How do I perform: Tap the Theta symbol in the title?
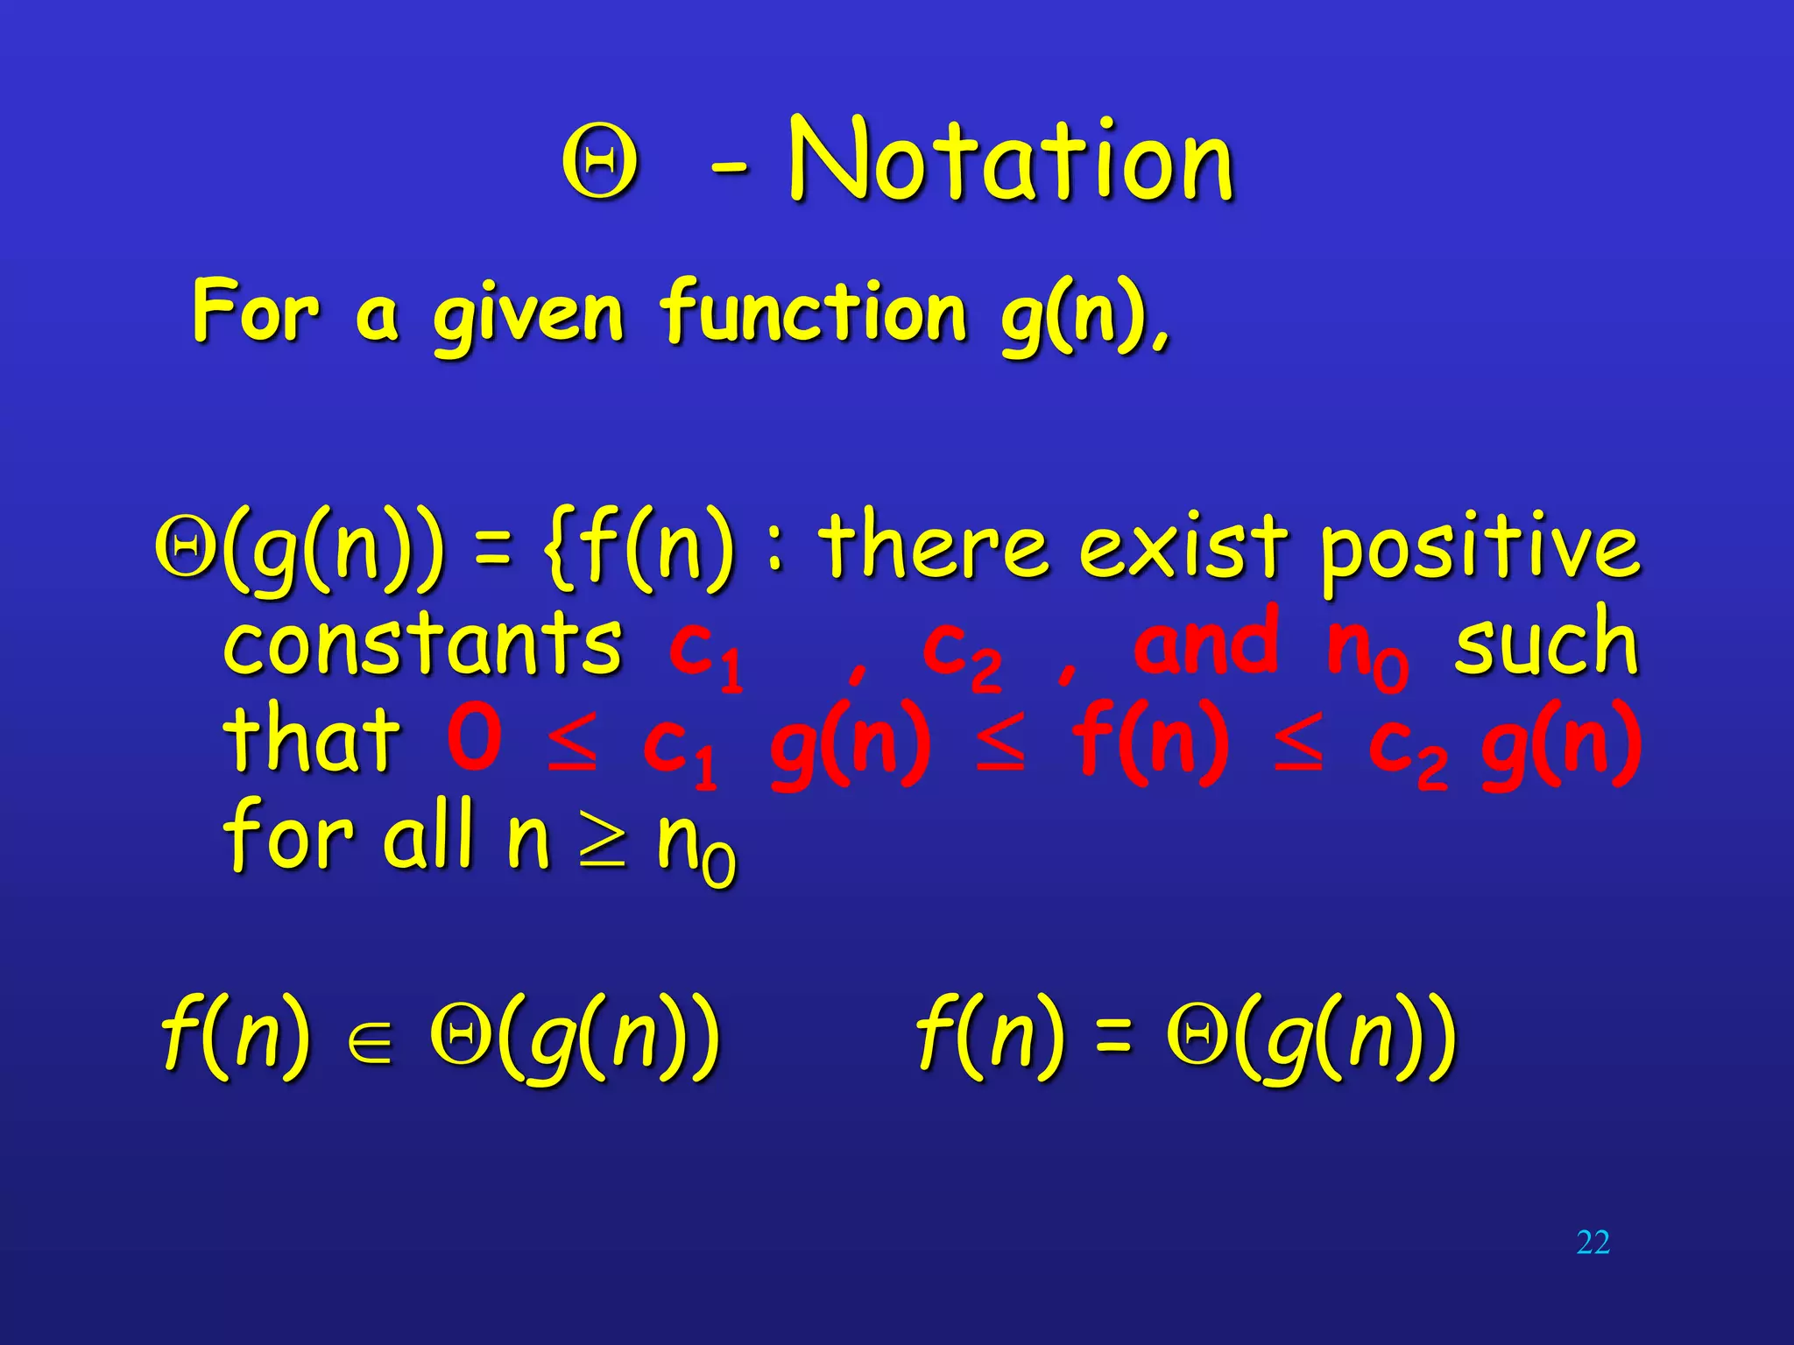pos(600,165)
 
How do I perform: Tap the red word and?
pos(1205,644)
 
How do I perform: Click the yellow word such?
pos(1546,644)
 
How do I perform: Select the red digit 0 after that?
pos(474,737)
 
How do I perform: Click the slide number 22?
pos(1593,1243)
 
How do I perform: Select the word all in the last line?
pos(428,836)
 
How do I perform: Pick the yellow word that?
pos(311,740)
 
